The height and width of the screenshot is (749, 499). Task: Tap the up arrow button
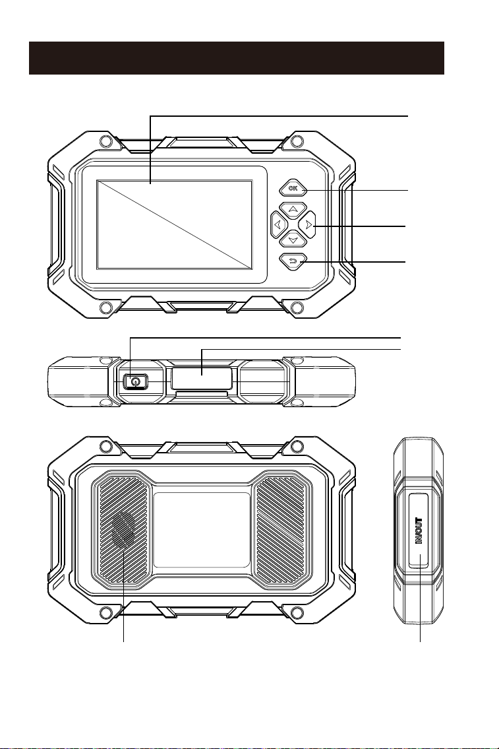tap(293, 209)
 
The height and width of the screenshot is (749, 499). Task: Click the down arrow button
tap(293, 239)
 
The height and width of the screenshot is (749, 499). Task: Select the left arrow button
tap(279, 224)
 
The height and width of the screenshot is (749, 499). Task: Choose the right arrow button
tap(308, 224)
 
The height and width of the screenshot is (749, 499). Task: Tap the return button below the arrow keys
tap(293, 261)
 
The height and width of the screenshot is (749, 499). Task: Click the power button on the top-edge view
tap(136, 381)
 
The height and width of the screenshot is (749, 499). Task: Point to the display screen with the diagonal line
tap(175, 224)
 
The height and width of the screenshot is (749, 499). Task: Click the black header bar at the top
tap(237, 58)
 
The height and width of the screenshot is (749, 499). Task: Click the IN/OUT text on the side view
tap(419, 531)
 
